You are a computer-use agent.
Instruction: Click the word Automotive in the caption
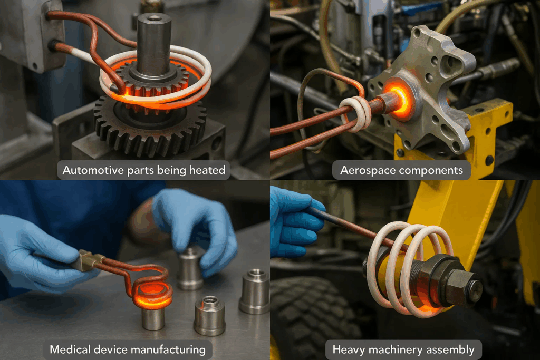93,170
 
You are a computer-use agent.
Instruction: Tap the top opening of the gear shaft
154,17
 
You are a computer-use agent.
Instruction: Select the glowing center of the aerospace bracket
400,99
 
